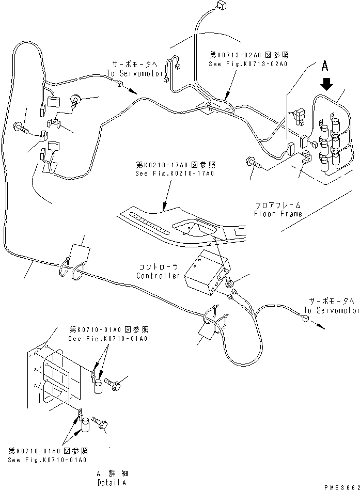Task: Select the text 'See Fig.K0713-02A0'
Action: click(248, 64)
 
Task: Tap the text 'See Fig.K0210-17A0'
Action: click(175, 173)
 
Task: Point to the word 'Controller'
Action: click(158, 276)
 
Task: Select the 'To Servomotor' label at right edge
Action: click(331, 310)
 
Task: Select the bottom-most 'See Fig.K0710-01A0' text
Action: click(47, 460)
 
